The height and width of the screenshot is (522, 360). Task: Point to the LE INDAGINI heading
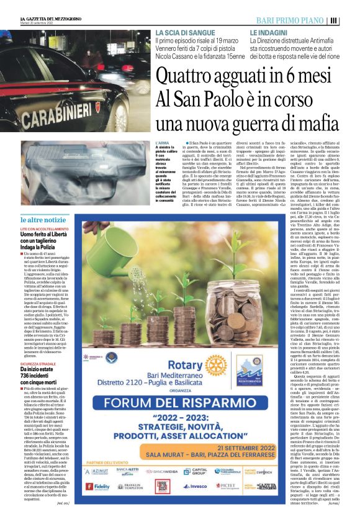coord(269,32)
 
